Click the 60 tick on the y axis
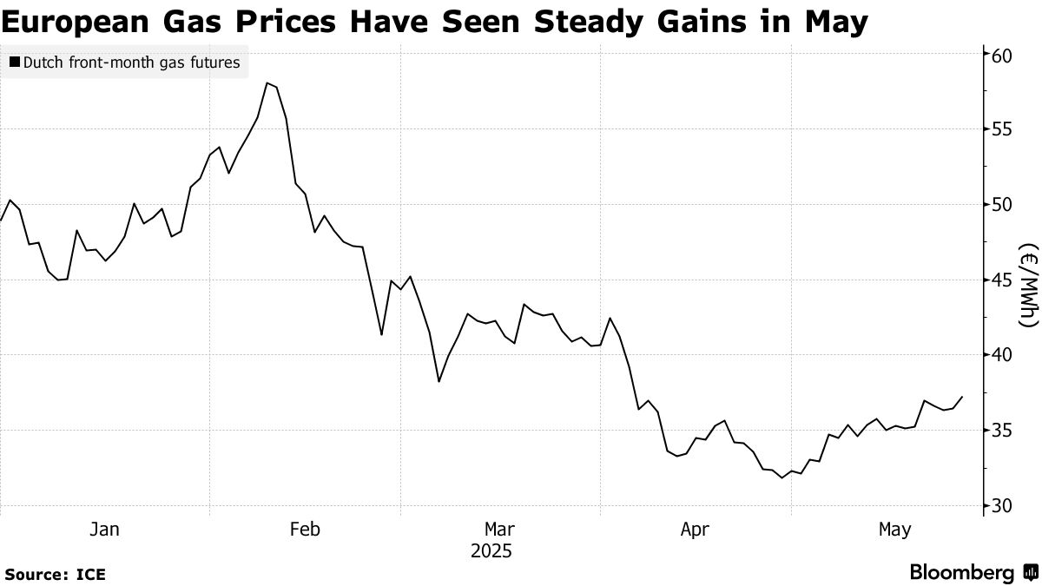pos(1003,55)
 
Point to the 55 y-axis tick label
pos(1003,129)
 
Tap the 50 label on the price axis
pos(1003,205)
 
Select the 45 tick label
pos(1003,280)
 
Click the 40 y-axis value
pos(1003,355)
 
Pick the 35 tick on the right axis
pos(1003,431)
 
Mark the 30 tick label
pos(1003,505)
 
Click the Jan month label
pos(105,529)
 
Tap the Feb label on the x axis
pos(305,529)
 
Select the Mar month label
pos(500,529)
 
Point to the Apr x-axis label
pos(696,529)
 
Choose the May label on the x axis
pos(894,529)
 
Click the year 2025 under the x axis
pos(491,551)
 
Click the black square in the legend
pos(14,63)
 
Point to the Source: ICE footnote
pos(56,574)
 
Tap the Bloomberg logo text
pos(961,573)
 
